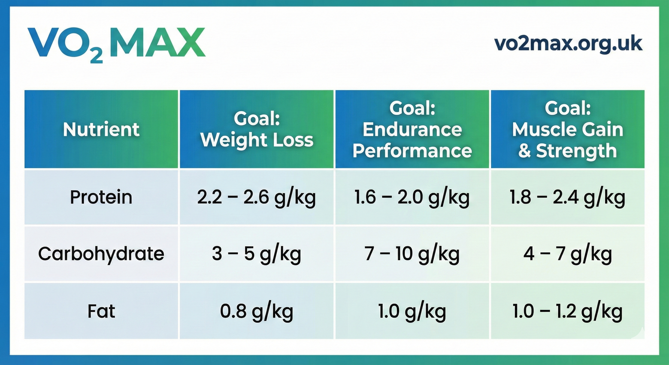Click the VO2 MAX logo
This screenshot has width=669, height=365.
click(116, 44)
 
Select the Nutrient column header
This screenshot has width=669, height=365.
click(101, 129)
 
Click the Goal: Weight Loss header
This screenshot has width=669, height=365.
click(257, 129)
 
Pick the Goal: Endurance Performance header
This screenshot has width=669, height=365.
click(412, 129)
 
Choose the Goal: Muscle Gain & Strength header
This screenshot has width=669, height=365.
click(568, 129)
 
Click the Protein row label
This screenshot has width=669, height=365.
click(101, 197)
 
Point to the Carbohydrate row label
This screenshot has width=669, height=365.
click(101, 254)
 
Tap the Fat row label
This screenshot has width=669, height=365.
click(101, 311)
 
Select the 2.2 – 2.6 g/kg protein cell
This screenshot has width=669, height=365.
click(257, 197)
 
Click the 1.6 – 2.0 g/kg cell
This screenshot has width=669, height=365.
click(412, 197)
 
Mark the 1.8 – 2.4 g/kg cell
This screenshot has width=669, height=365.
click(567, 197)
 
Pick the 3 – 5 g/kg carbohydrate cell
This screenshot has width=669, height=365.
click(257, 254)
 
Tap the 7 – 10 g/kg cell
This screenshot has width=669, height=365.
click(412, 254)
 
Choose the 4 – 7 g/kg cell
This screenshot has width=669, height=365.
click(568, 254)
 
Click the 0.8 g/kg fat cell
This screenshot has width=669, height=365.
click(257, 312)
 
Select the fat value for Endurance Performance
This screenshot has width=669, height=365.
click(412, 312)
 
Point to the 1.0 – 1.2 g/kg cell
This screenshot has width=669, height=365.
click(567, 312)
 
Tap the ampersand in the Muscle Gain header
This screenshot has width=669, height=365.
click(525, 151)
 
